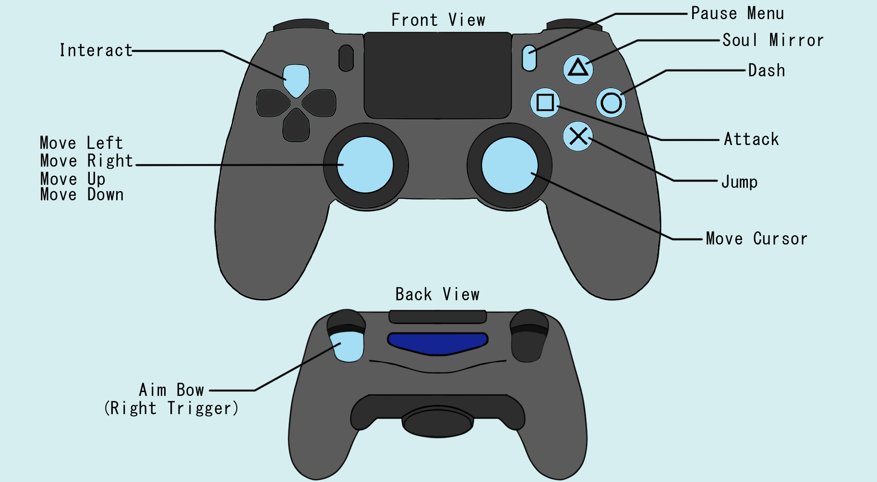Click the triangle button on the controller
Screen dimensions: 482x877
coord(578,69)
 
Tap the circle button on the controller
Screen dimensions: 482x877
coord(611,102)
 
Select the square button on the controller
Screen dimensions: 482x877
coord(545,102)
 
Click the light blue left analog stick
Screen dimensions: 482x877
coord(365,165)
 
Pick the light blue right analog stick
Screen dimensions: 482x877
coord(509,165)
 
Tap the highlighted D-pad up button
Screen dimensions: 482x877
coord(296,79)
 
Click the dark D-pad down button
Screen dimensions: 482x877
coord(296,126)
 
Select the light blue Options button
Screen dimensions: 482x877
coord(529,58)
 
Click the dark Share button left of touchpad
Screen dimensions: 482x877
coord(346,58)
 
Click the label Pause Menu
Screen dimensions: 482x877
coord(737,13)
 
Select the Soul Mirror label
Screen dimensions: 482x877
coord(773,40)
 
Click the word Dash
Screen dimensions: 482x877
coord(767,71)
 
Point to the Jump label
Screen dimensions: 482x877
coord(739,182)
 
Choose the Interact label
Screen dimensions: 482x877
coord(96,50)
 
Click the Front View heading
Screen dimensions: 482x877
coord(438,20)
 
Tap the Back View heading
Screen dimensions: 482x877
coord(437,294)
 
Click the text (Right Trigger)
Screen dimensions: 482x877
coord(171,408)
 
